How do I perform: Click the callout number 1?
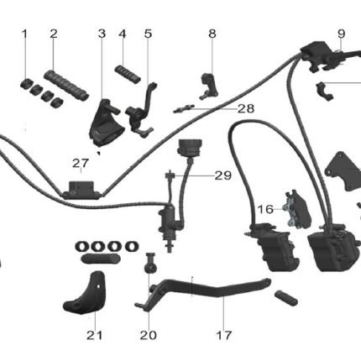point(24,34)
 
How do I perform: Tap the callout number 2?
point(54,34)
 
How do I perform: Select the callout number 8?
point(212,34)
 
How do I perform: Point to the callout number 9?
point(342,34)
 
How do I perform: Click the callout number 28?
point(246,108)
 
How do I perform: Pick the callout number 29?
point(223,175)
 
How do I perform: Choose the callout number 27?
point(81,163)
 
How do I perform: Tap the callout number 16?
point(265,209)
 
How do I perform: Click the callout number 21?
point(95,335)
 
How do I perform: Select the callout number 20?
point(149,335)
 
